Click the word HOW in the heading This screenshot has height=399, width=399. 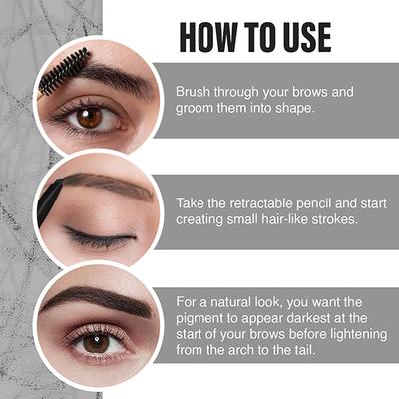[208, 36]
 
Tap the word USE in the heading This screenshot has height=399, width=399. [301, 36]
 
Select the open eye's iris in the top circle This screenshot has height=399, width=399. [89, 117]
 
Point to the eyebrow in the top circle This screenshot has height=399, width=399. [110, 79]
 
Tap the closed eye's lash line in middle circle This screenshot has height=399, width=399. [100, 239]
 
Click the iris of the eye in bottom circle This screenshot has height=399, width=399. [97, 342]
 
